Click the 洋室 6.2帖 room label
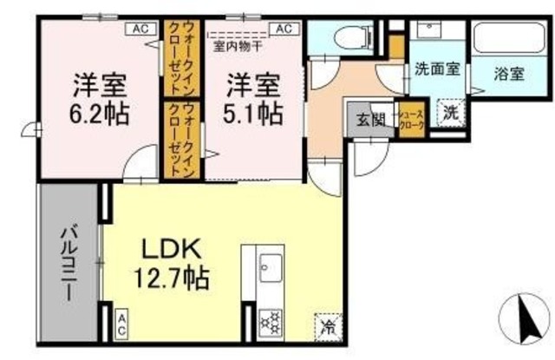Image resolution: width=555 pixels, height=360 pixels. [100, 99]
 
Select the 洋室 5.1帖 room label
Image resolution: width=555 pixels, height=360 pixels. [255, 99]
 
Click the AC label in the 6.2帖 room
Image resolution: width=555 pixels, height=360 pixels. [140, 28]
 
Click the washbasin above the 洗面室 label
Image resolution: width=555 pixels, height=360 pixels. [430, 30]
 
